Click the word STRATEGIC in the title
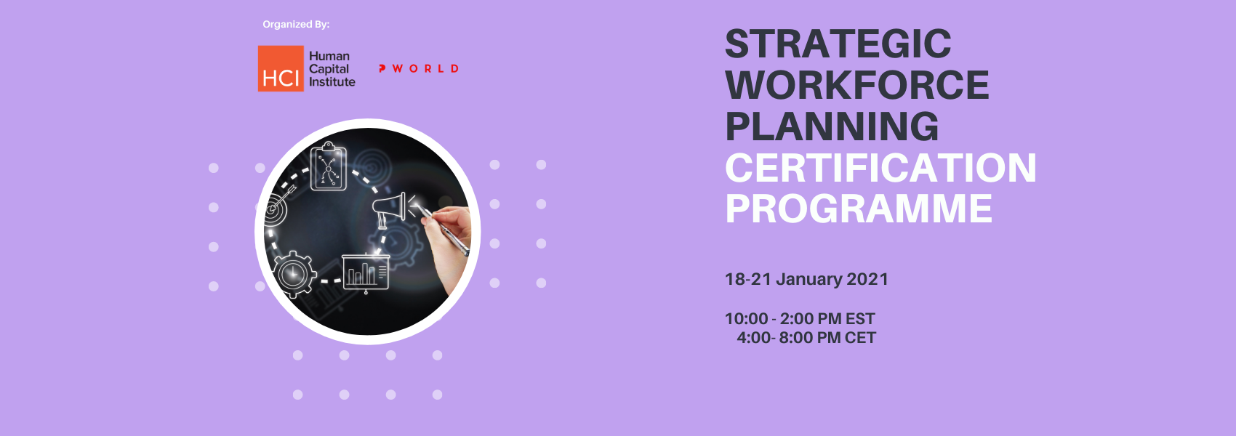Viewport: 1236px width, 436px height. [x=838, y=44]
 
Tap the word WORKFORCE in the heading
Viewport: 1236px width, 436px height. [x=856, y=85]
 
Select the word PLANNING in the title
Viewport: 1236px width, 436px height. [x=831, y=126]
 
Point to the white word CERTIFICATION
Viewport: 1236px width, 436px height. [x=880, y=168]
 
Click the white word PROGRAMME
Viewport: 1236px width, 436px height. [x=858, y=209]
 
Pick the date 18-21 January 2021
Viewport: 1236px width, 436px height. [x=806, y=279]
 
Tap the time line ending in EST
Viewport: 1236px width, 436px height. [x=799, y=319]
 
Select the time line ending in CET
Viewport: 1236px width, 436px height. [x=806, y=338]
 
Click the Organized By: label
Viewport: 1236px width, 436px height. [x=296, y=25]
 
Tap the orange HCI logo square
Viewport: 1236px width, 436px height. [x=281, y=69]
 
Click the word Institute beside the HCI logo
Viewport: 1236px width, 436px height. [x=332, y=82]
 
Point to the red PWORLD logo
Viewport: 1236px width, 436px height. [x=419, y=68]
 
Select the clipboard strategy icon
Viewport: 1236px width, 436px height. [x=329, y=167]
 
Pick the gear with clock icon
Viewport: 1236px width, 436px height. [x=294, y=275]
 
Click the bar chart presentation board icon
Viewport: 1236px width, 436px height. [x=366, y=272]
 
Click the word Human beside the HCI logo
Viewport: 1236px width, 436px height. [x=329, y=56]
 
